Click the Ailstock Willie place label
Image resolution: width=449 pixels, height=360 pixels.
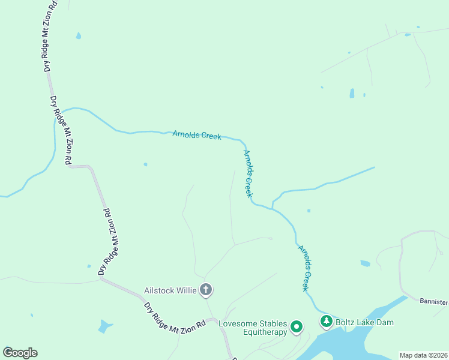point(170,290)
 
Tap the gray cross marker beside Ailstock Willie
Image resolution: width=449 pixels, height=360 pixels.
point(206,290)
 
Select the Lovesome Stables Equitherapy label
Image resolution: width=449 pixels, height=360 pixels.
point(252,328)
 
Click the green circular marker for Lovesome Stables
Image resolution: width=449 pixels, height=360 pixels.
point(296,327)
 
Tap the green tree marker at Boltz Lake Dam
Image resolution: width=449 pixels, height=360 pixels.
point(326,322)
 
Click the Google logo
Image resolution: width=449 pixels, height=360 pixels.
point(20,353)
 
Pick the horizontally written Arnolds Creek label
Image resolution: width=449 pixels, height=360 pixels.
point(197,135)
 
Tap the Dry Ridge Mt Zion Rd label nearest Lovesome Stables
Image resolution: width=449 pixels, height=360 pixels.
point(174,314)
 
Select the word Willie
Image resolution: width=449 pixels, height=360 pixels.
point(186,290)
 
